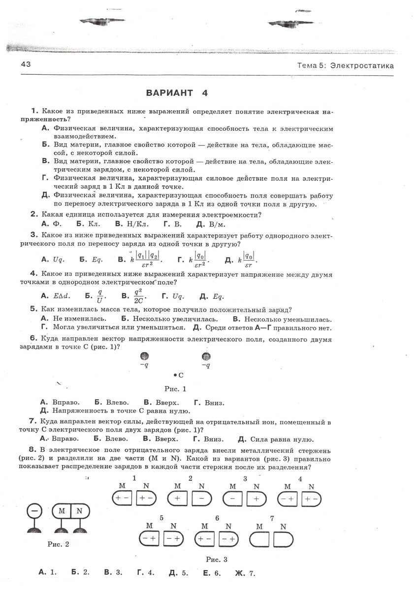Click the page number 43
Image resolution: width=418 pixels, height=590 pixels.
(26, 65)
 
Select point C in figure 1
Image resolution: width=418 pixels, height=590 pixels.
(176, 375)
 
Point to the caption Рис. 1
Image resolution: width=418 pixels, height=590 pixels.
(175, 389)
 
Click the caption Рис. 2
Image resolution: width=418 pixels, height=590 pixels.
(58, 544)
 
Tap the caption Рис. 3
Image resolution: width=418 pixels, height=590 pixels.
(217, 559)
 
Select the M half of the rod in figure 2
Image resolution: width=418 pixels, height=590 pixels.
(62, 511)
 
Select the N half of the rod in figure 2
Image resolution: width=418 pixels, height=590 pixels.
(79, 511)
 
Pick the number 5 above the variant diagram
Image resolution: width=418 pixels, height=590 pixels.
(161, 518)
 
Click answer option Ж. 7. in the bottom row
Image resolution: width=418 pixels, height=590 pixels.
(246, 572)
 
